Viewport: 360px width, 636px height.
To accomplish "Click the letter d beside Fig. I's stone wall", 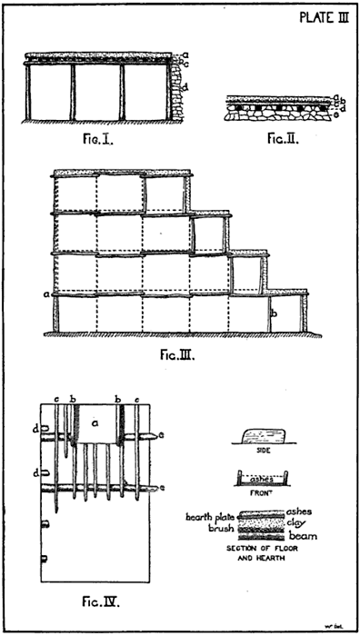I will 185,86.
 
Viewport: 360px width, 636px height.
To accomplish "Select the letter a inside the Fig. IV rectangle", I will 95,422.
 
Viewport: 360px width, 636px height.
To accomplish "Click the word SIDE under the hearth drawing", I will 264,450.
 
